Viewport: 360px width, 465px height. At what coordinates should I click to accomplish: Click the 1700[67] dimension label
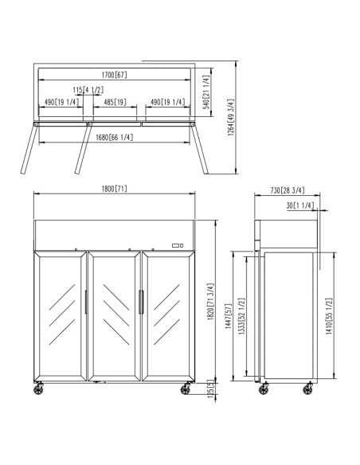coord(115,74)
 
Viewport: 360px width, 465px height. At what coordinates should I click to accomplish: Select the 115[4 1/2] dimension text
coord(89,89)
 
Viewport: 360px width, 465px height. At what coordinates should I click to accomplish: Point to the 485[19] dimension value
coord(115,102)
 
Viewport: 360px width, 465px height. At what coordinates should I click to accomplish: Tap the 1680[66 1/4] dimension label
coord(115,137)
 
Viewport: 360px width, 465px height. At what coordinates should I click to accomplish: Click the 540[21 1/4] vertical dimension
coord(205,92)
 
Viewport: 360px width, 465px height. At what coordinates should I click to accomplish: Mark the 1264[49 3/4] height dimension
coord(232,118)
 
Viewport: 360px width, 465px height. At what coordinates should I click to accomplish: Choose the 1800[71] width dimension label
coord(114,189)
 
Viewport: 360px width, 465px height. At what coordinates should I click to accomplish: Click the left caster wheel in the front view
coord(40,388)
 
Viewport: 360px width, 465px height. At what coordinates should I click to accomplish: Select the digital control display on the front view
coord(178,245)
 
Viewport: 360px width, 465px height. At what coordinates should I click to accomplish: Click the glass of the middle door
coord(114,315)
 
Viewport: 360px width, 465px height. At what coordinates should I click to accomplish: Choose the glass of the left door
coord(61,315)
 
